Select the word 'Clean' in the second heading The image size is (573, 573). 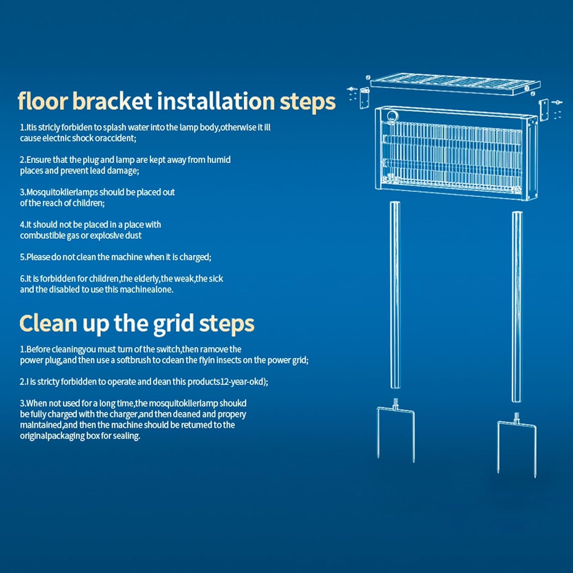click(49, 323)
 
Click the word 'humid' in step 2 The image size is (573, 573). click(219, 160)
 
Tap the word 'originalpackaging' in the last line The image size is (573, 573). click(52, 436)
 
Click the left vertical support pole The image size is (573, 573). click(395, 295)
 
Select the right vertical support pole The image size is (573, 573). click(517, 307)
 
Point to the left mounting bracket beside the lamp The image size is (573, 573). click(364, 98)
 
